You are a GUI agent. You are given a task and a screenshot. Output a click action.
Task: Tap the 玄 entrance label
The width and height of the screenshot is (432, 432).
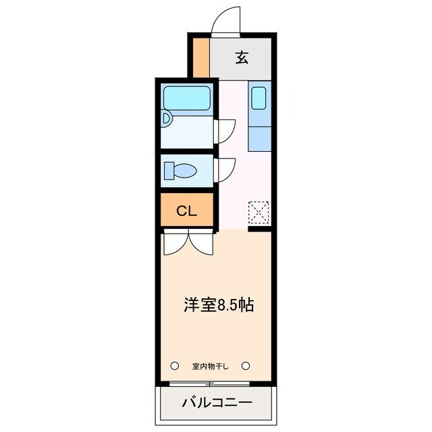pyautogui.click(x=242, y=57)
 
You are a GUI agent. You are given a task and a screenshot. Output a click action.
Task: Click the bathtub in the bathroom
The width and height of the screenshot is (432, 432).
pyautogui.click(x=186, y=99)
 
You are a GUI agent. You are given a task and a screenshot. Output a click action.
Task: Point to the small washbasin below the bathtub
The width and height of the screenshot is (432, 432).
pyautogui.click(x=167, y=119)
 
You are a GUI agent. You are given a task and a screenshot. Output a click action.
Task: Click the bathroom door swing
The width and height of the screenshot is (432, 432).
pyautogui.click(x=225, y=130)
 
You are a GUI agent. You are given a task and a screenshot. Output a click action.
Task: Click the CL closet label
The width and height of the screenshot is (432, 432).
pyautogui.click(x=186, y=211)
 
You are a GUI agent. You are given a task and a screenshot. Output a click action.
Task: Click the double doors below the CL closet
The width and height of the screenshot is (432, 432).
pyautogui.click(x=188, y=243)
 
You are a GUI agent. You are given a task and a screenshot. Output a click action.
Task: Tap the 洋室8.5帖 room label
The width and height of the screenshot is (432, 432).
pyautogui.click(x=219, y=305)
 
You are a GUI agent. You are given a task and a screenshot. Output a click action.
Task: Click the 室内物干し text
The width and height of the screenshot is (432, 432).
pyautogui.click(x=211, y=367)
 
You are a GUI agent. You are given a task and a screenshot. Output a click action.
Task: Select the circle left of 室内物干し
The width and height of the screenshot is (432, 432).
pyautogui.click(x=174, y=366)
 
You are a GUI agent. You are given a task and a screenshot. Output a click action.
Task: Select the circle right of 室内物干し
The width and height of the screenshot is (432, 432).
pyautogui.click(x=246, y=366)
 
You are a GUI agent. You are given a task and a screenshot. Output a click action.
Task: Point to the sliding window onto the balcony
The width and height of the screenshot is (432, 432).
pyautogui.click(x=209, y=384)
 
